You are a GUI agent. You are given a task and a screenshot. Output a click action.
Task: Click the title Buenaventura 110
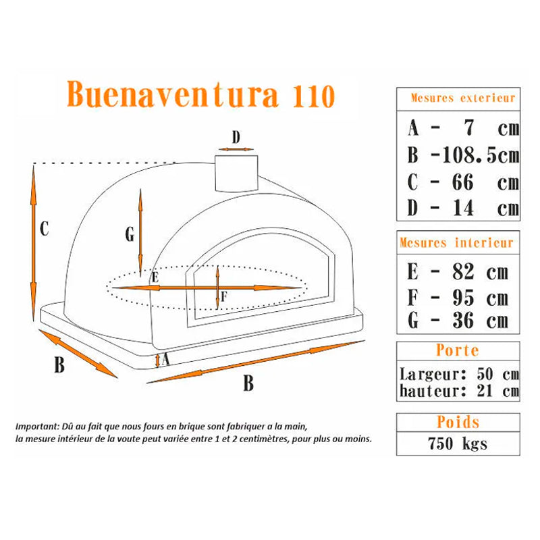[x=200, y=94]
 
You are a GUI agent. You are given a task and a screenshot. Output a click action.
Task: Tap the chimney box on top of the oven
[x=236, y=173]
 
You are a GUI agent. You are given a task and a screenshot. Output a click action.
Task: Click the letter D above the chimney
[x=236, y=138]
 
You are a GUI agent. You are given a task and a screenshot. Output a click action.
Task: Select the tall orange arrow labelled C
[x=33, y=243]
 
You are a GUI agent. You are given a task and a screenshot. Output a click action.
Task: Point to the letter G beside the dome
[x=130, y=234]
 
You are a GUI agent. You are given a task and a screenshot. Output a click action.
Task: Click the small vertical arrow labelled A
[x=157, y=360]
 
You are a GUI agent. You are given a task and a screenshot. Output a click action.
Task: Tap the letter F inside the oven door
[x=224, y=296]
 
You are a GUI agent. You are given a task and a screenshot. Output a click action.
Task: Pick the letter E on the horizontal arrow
[x=155, y=277]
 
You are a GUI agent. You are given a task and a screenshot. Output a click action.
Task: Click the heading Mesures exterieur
[x=463, y=98]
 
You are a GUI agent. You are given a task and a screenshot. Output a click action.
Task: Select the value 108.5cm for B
[x=481, y=155]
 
